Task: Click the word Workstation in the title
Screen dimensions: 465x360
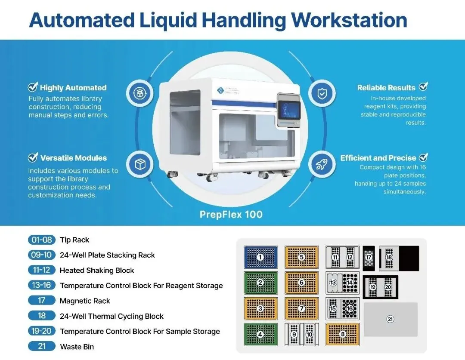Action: coord(349,20)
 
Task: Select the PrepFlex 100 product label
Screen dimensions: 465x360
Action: coord(231,214)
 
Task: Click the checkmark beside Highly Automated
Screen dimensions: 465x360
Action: coord(33,87)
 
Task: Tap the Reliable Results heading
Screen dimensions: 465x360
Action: coord(386,87)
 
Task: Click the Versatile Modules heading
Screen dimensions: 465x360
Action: coord(73,158)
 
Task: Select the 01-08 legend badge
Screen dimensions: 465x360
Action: coord(41,240)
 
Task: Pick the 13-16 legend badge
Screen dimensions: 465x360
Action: coord(41,285)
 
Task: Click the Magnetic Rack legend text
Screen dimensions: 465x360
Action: coord(85,301)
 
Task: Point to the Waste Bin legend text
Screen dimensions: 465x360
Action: coord(77,347)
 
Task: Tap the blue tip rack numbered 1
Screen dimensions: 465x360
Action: coord(260,257)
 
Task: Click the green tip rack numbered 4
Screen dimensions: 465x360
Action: coord(260,334)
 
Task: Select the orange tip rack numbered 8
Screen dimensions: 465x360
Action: coord(343,334)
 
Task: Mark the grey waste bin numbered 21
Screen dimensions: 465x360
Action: coord(391,319)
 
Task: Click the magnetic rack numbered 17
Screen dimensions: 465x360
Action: coord(369,258)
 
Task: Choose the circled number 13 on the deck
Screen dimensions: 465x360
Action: coord(333,283)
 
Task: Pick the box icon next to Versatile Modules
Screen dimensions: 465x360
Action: coord(140,164)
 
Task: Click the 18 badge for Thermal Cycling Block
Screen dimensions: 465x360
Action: coord(41,316)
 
